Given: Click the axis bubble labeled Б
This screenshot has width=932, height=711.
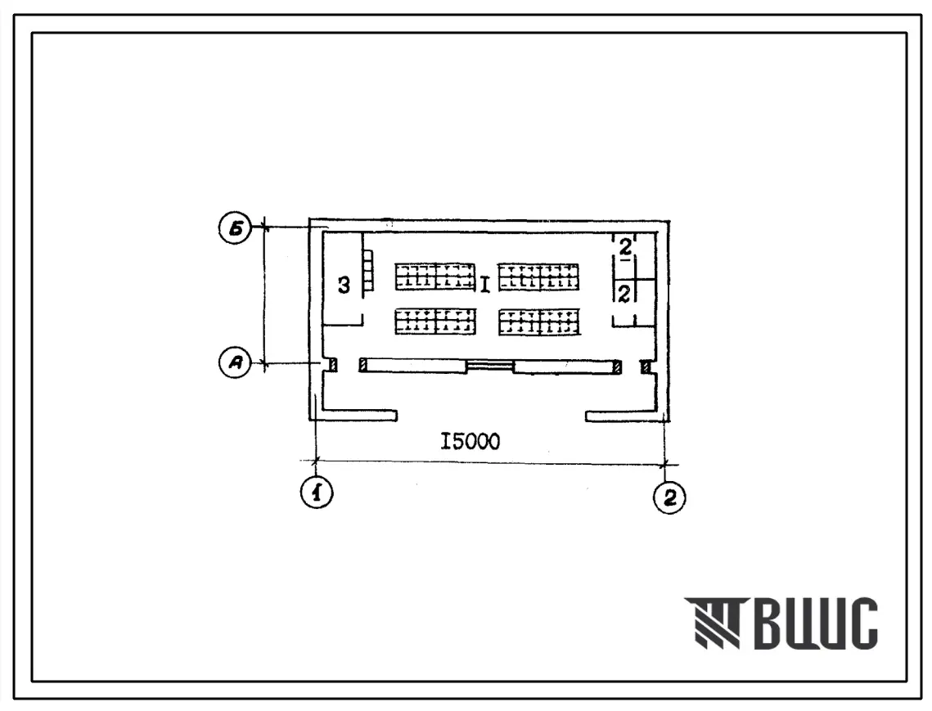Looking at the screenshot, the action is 236,229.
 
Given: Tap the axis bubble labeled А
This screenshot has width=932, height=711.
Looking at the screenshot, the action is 236,362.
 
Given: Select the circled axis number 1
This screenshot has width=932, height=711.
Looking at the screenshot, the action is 317,493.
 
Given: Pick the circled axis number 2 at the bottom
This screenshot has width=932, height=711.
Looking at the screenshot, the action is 669,497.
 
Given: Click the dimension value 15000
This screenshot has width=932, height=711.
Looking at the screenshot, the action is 471,442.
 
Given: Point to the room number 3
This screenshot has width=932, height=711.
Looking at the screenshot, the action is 344,286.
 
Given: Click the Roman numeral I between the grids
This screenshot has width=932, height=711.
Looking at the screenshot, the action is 485,285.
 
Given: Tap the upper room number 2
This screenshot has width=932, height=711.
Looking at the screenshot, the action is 625,247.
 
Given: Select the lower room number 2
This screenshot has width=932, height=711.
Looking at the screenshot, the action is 624,293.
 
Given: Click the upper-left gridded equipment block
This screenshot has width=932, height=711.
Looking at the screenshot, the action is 435,277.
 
